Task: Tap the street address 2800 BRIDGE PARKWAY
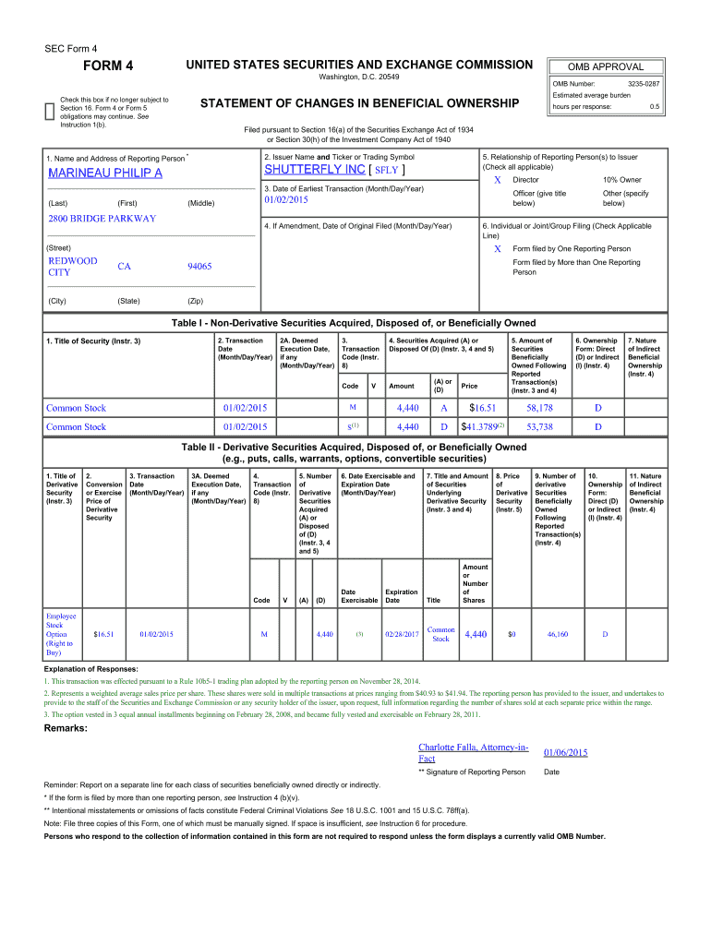tap(102, 219)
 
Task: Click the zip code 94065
tap(199, 267)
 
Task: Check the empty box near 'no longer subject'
tap(50, 110)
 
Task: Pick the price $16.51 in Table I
tap(484, 407)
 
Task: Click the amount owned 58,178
tap(539, 407)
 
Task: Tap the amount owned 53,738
tap(539, 426)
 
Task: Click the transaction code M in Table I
tap(353, 407)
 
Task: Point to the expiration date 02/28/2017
tap(402, 634)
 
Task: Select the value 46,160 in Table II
tap(557, 634)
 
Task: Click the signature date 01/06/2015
tap(565, 753)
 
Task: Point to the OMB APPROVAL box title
tap(607, 66)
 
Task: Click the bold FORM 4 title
tap(108, 66)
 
